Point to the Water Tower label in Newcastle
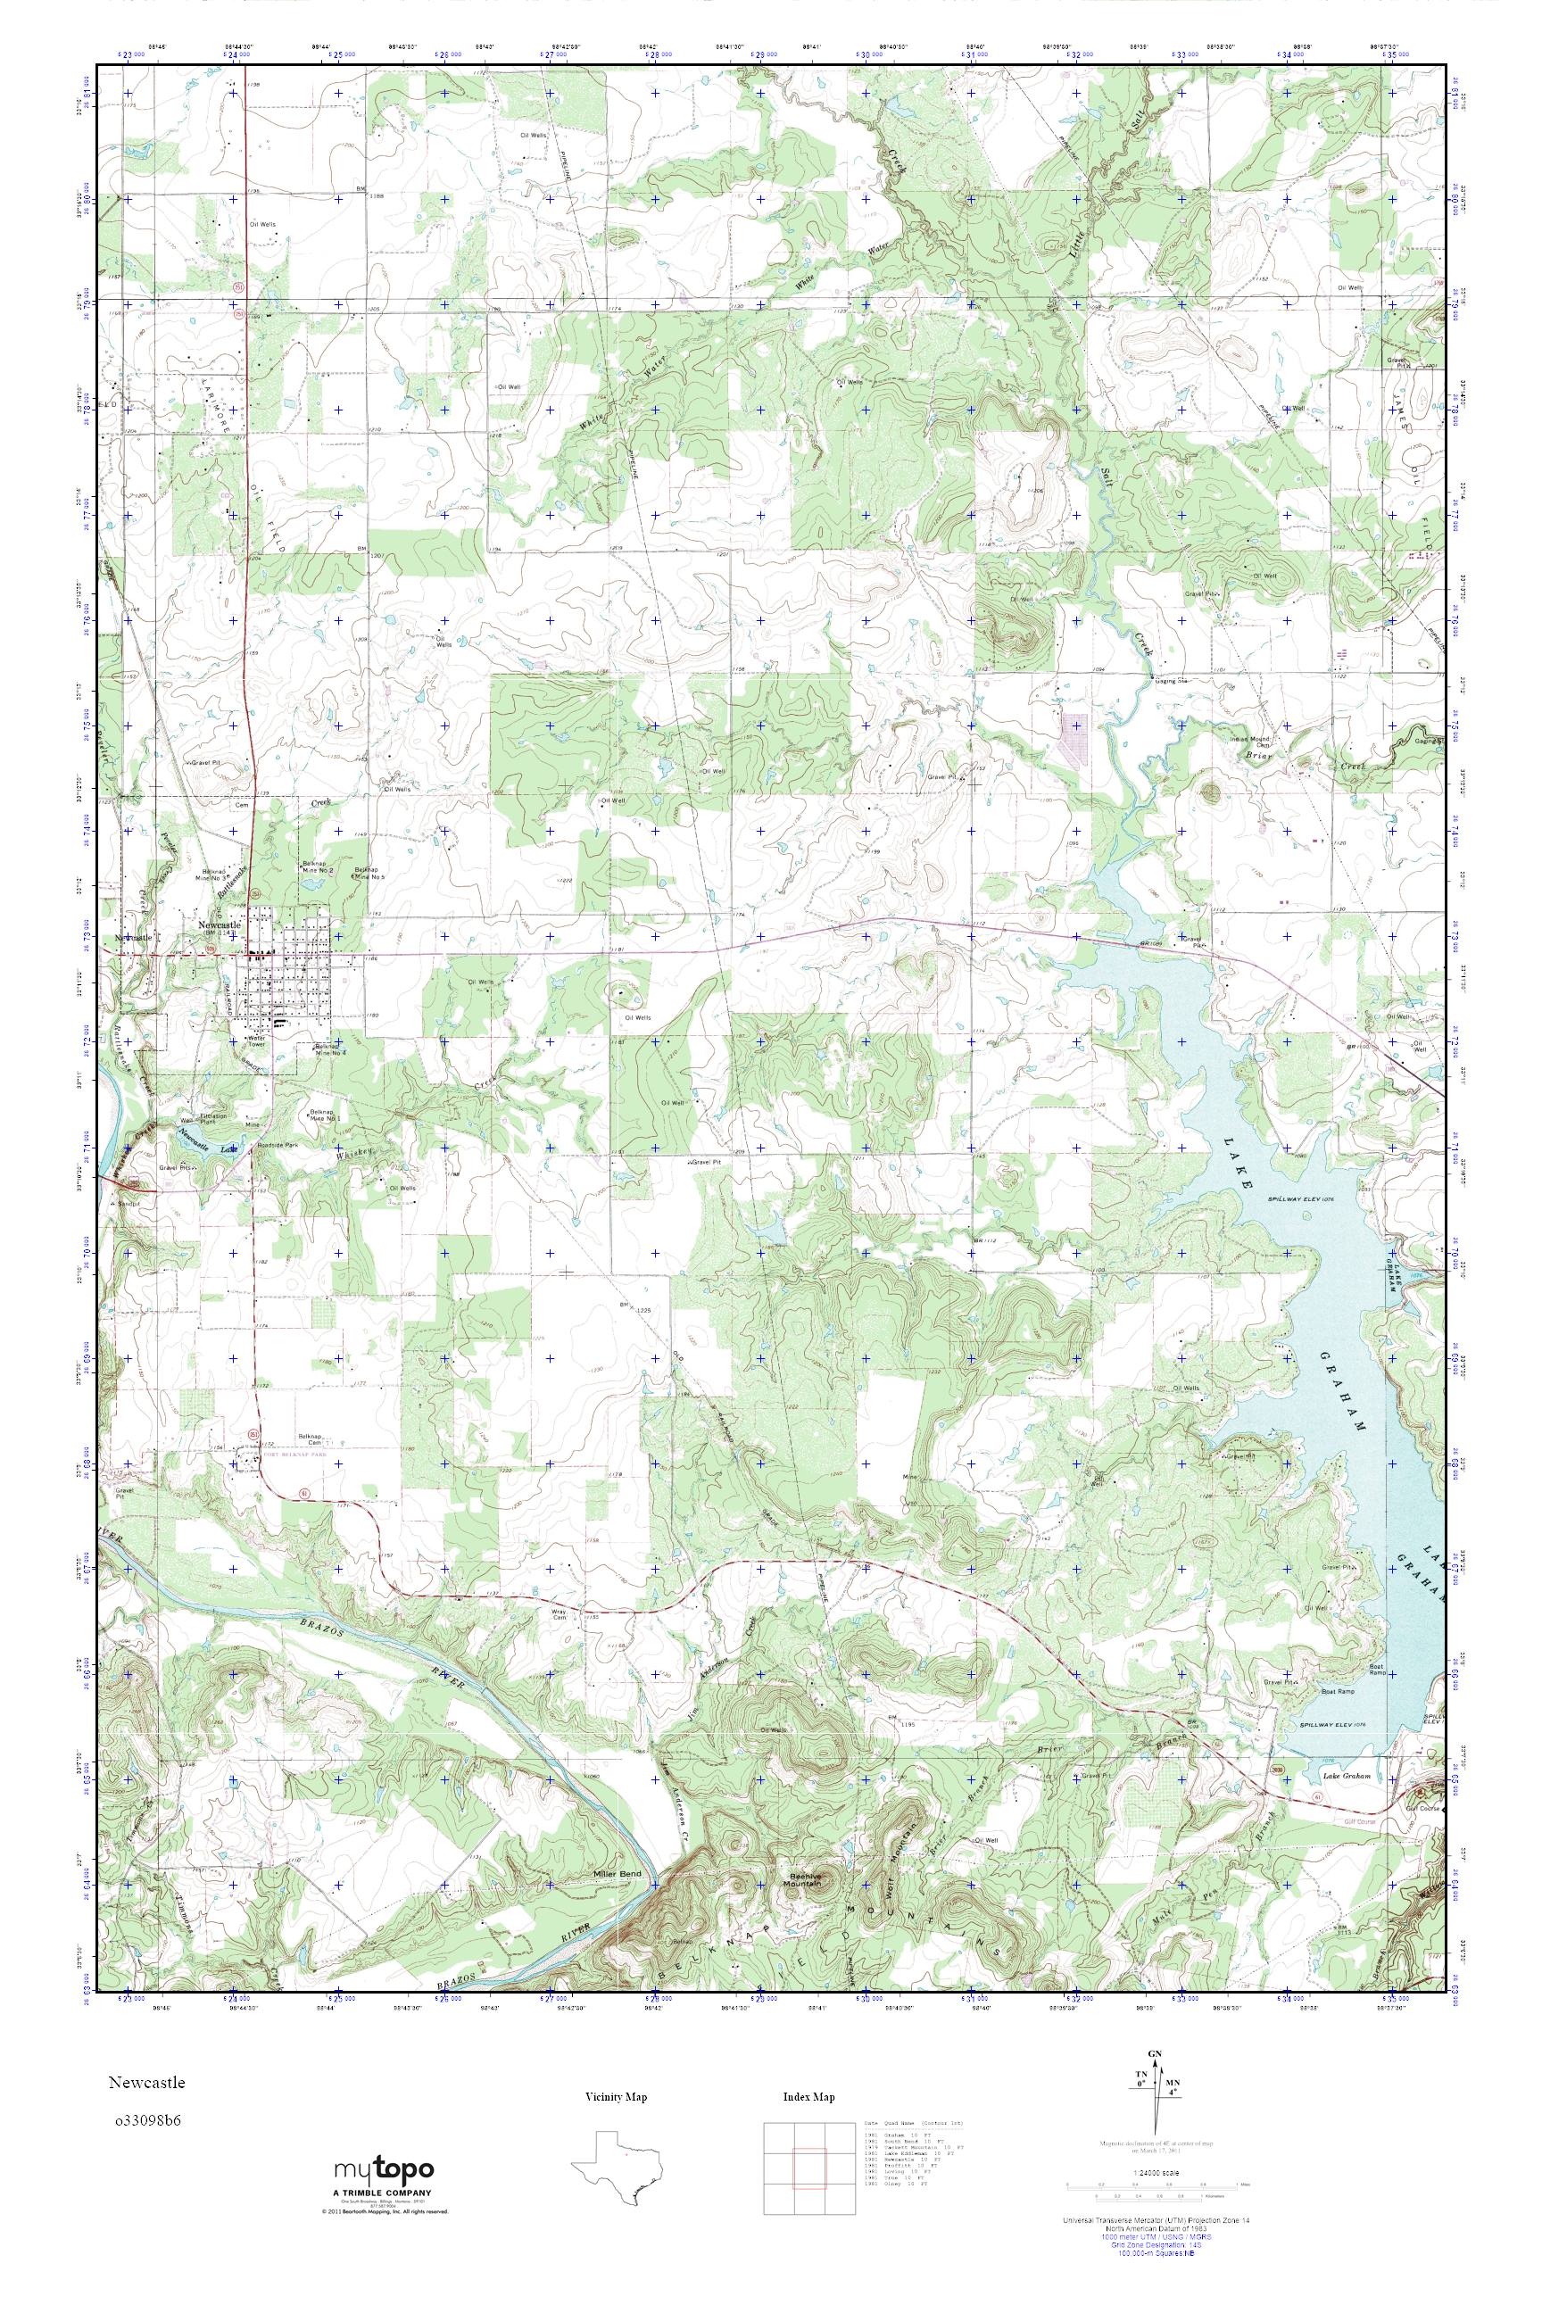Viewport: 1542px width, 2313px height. pyautogui.click(x=257, y=1040)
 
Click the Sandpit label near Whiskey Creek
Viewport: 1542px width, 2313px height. pyautogui.click(x=127, y=1203)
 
